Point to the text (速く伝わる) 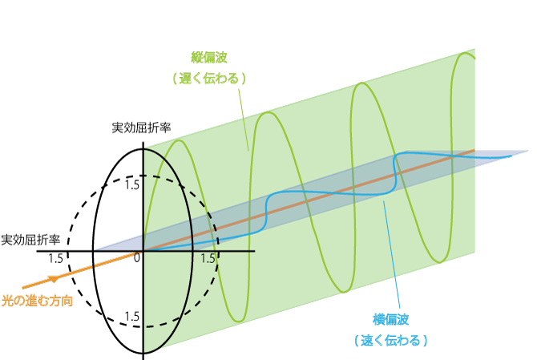pos(390,340)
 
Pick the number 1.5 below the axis pos(208,259)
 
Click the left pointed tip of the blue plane pos(95,249)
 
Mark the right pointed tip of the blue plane pos(528,151)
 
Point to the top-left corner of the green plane pos(145,148)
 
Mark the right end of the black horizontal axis pos(255,251)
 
